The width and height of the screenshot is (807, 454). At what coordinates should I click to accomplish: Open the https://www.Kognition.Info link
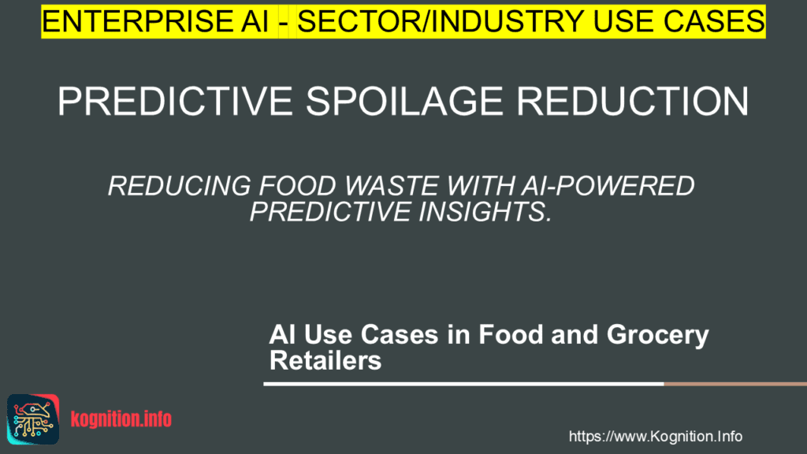(x=655, y=436)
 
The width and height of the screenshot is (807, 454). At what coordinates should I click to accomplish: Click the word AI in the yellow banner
(x=251, y=21)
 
